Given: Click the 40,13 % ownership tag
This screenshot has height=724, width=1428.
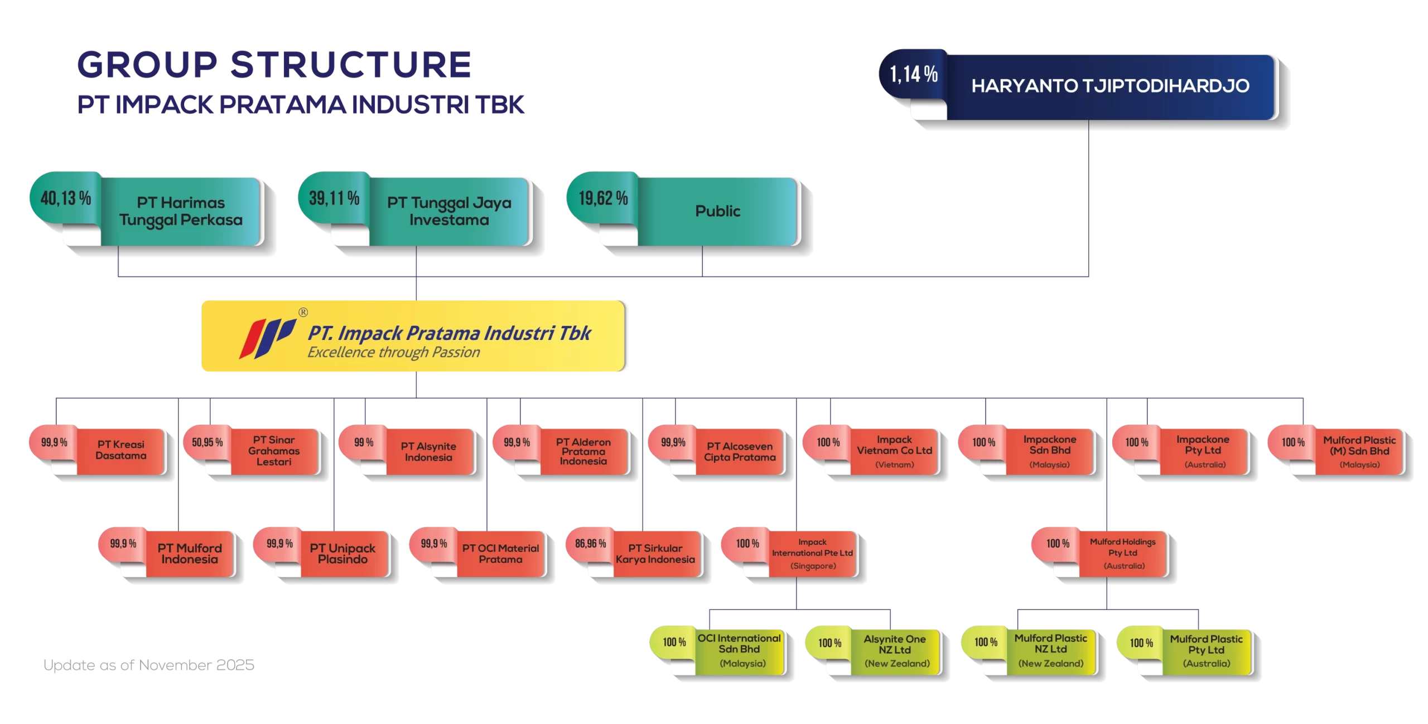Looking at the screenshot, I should pyautogui.click(x=65, y=198).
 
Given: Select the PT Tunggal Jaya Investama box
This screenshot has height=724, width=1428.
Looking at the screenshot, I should pyautogui.click(x=449, y=212).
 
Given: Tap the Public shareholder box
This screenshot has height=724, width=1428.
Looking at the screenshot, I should pyautogui.click(x=718, y=212).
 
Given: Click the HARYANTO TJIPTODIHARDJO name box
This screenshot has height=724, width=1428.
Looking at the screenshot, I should pyautogui.click(x=1110, y=87).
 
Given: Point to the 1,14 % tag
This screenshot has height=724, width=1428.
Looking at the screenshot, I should pyautogui.click(x=914, y=74).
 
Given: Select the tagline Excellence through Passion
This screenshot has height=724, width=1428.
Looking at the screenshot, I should pyautogui.click(x=393, y=353).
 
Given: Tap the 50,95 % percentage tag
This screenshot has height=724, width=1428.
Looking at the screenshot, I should pyautogui.click(x=207, y=443).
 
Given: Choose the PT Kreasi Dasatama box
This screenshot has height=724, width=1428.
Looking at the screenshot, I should pyautogui.click(x=121, y=450).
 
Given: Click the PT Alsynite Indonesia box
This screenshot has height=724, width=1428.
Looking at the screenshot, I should pyautogui.click(x=428, y=452).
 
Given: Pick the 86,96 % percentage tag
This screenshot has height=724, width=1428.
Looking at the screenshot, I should pyautogui.click(x=590, y=544).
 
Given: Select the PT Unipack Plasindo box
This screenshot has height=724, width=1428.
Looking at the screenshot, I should pyautogui.click(x=342, y=554).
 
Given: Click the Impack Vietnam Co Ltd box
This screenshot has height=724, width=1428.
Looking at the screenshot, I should pyautogui.click(x=894, y=451).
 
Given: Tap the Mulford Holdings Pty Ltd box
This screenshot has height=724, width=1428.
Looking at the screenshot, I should pyautogui.click(x=1123, y=553).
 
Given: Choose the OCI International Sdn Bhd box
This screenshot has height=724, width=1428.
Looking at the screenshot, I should pyautogui.click(x=739, y=650).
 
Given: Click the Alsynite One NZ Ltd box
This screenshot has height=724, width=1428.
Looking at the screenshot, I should pyautogui.click(x=895, y=651).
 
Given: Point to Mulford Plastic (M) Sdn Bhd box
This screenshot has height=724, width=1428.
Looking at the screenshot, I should pyautogui.click(x=1359, y=451).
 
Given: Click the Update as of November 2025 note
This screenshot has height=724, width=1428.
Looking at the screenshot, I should pyautogui.click(x=149, y=665).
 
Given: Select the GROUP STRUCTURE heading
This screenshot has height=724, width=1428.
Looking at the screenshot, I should pyautogui.click(x=274, y=64).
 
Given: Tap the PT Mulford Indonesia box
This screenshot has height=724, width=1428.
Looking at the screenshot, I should pyautogui.click(x=190, y=554).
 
